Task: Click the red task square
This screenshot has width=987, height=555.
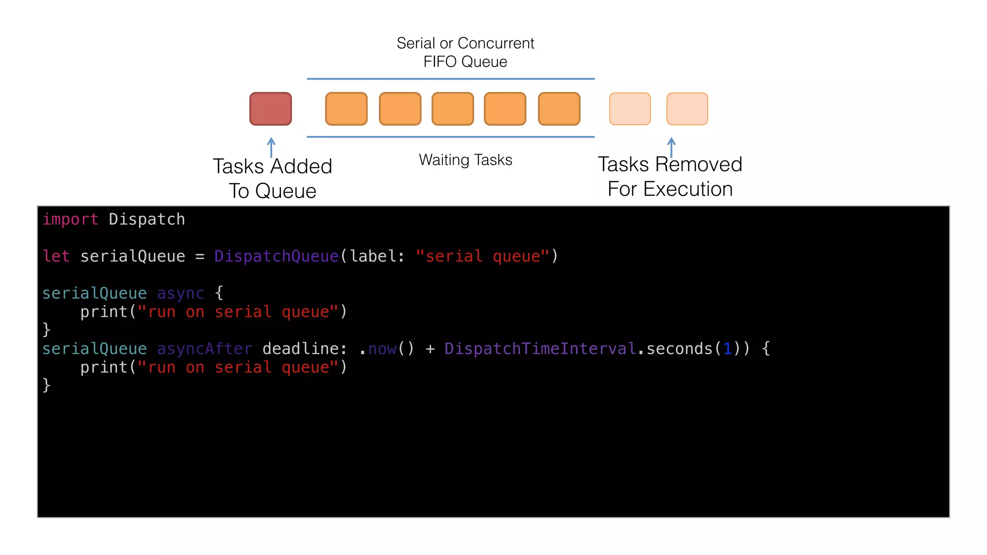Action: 270,109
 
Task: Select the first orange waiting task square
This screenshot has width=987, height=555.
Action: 346,109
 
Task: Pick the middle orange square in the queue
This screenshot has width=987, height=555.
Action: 453,109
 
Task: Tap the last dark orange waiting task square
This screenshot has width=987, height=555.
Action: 559,109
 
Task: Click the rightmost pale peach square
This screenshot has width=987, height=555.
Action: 687,109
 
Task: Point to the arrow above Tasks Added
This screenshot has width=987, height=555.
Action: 271,147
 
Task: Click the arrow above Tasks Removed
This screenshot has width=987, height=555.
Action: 671,147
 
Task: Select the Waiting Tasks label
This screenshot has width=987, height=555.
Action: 465,160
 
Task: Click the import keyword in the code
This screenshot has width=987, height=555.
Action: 70,220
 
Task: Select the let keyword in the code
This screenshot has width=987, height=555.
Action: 56,256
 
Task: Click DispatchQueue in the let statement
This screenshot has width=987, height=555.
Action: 277,256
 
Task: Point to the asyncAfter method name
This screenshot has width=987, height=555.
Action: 204,349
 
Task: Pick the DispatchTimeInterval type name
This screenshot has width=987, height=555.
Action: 540,349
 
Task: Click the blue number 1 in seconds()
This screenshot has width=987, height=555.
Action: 727,349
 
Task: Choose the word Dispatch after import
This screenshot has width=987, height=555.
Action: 147,220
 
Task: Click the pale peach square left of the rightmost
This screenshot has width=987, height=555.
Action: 629,109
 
